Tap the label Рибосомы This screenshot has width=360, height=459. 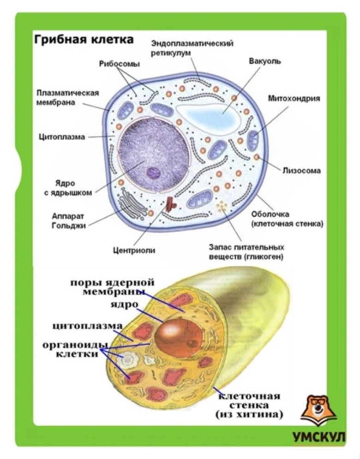coord(119,64)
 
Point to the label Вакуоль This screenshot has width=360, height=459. coord(264,61)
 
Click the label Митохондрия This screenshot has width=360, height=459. coord(294,98)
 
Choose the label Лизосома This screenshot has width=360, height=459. coord(301,170)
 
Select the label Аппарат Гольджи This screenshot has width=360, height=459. coord(67,221)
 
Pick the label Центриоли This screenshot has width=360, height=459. coord(134,250)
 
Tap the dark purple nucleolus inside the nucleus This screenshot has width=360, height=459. coord(154,173)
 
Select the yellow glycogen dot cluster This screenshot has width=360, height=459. coord(223,206)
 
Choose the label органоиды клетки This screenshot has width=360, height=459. coord(75,349)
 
